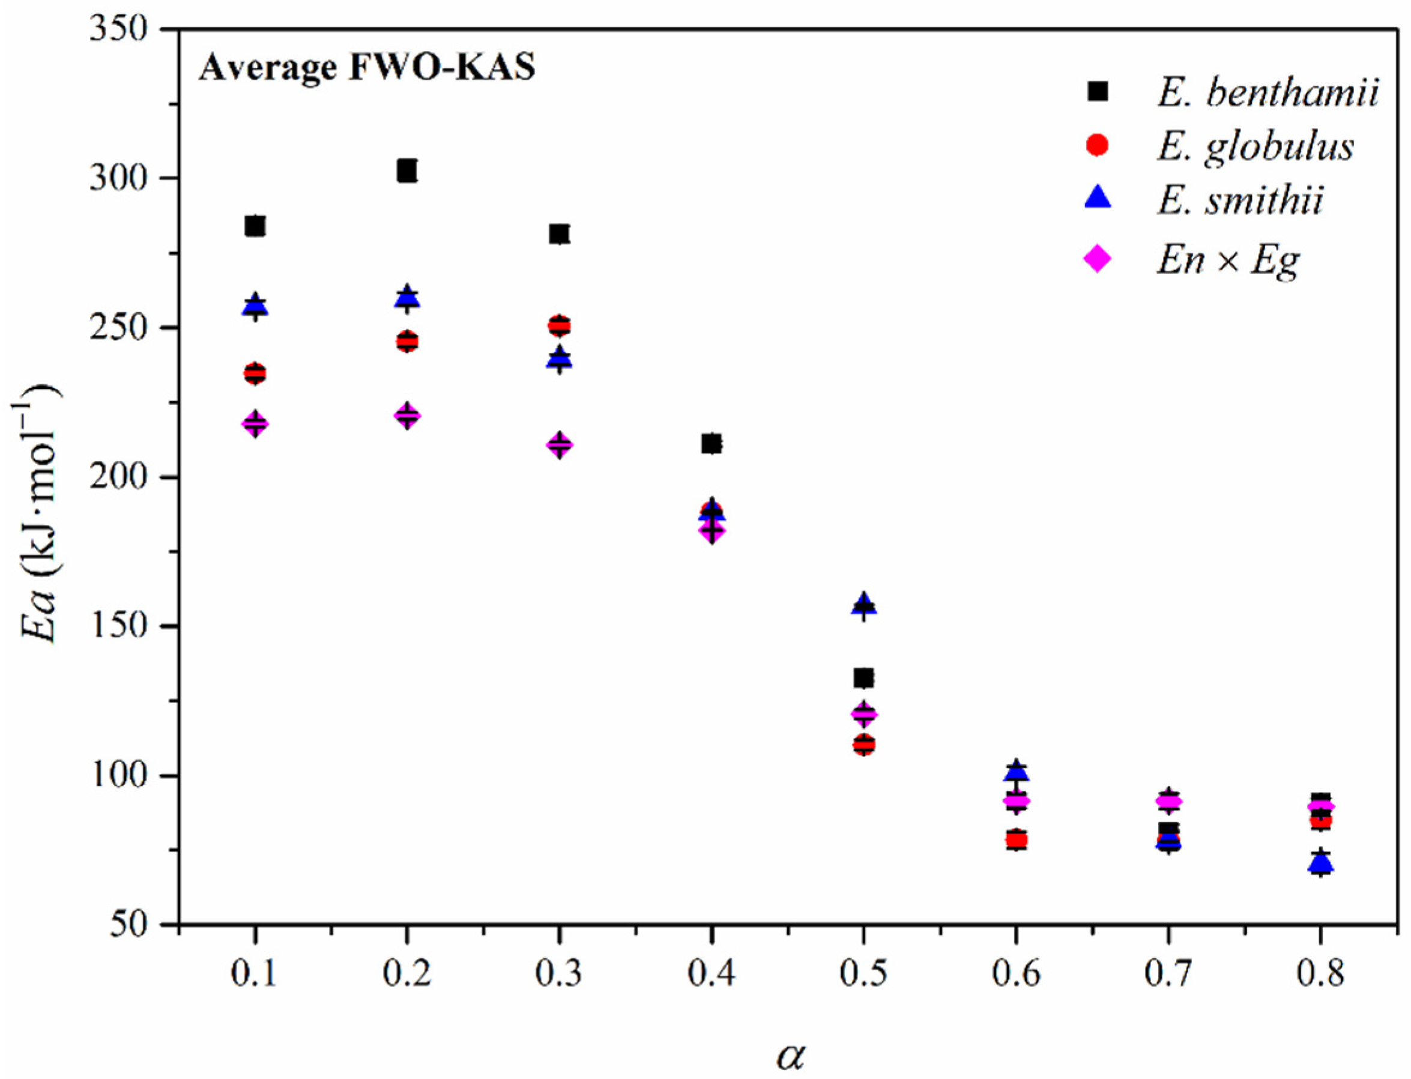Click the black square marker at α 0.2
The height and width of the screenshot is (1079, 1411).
406,172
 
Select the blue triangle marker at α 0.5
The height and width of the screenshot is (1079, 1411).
864,605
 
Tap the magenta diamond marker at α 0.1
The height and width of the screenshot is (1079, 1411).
255,423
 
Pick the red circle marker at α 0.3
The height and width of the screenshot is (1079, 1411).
560,325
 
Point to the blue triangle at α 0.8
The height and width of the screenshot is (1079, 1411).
1320,863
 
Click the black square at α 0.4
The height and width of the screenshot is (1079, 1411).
712,444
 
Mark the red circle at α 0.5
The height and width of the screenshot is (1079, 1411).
864,745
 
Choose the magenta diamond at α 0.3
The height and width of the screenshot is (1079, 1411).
560,444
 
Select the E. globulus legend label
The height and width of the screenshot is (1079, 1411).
1255,147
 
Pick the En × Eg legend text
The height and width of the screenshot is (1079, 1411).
1228,260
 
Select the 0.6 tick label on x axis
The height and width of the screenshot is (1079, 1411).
1015,975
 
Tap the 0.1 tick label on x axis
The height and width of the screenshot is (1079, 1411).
255,975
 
